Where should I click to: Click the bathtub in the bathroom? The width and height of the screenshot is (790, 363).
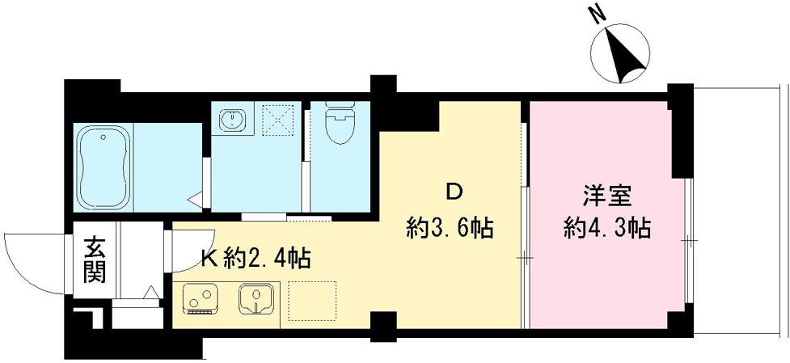click(x=104, y=167)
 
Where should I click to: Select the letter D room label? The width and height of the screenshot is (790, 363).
click(x=454, y=192)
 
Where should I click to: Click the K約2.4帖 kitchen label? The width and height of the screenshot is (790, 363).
click(x=256, y=260)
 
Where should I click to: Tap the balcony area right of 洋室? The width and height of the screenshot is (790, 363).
click(x=739, y=210)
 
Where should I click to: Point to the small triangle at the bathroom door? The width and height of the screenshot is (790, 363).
click(x=194, y=197)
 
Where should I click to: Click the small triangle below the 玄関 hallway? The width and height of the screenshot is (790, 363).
click(x=150, y=293)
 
